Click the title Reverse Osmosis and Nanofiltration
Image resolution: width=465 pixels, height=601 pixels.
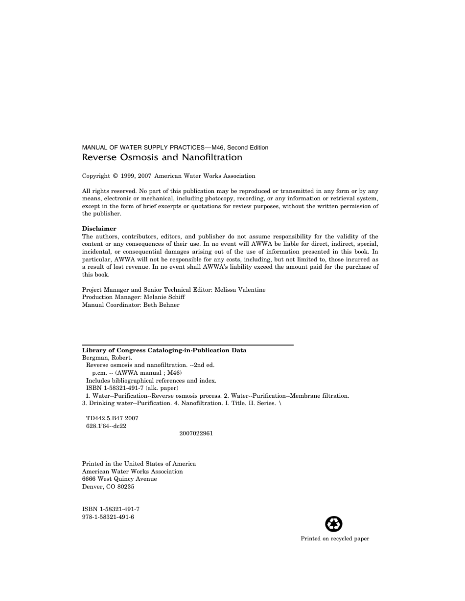coord(162,157)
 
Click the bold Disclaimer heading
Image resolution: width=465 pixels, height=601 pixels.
coord(99,229)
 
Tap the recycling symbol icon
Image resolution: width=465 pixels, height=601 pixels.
coord(334,524)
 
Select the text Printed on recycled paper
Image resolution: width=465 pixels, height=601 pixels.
coord(335,538)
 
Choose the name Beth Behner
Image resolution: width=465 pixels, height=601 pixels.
coord(161,305)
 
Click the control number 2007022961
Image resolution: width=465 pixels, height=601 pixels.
coord(196,433)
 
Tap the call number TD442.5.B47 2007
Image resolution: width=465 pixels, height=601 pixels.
coord(112,418)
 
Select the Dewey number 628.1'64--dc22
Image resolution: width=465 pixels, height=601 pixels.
coord(106,426)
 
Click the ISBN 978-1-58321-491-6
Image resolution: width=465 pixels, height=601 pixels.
coord(108,517)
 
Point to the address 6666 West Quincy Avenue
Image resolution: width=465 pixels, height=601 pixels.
coord(119,479)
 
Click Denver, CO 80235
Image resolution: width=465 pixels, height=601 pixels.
coord(108,487)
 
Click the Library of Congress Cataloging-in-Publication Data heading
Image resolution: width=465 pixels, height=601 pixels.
coord(164,350)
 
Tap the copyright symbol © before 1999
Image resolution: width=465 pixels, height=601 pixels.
coord(116,176)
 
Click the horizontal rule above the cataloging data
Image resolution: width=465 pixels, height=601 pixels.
coord(187,345)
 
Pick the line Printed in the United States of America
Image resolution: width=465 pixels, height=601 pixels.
coord(139,464)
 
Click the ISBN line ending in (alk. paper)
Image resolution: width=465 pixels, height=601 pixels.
coord(132,388)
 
